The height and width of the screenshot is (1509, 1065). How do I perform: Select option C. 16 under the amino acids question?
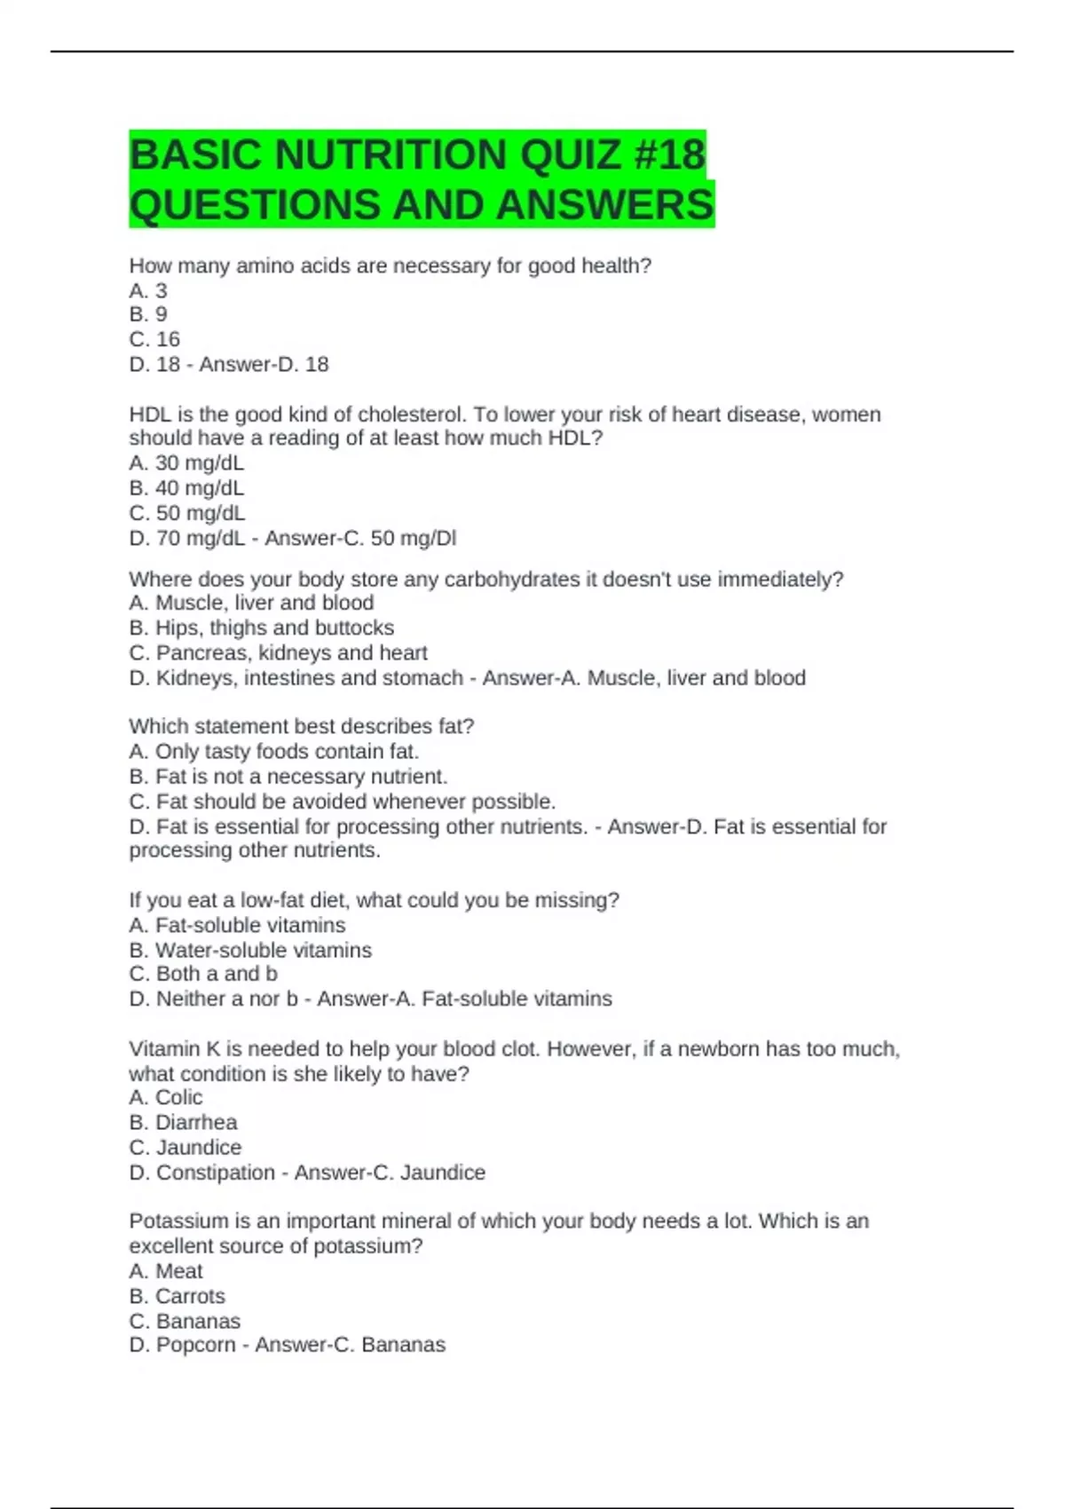point(154,339)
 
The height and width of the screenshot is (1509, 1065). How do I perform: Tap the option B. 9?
point(148,314)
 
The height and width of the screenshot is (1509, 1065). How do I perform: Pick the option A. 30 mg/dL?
point(186,463)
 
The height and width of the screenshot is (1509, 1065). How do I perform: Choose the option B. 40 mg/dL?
point(186,488)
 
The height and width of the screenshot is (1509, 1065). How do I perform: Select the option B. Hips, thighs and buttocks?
point(262,628)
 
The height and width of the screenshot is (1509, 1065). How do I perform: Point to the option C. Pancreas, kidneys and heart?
point(278,652)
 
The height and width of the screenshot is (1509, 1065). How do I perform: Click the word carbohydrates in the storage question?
point(511,580)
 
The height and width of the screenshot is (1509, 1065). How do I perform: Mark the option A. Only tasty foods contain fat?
point(273,752)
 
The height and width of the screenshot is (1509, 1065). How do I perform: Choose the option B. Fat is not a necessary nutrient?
point(288,777)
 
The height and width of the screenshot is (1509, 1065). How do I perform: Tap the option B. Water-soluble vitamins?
point(250,950)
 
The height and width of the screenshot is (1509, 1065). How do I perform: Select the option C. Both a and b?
point(203,974)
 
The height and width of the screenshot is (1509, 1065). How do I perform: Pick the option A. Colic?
point(166,1097)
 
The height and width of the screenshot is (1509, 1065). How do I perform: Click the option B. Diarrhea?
point(183,1122)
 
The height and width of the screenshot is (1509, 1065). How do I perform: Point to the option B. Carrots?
point(177,1296)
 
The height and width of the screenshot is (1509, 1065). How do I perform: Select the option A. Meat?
point(166,1271)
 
